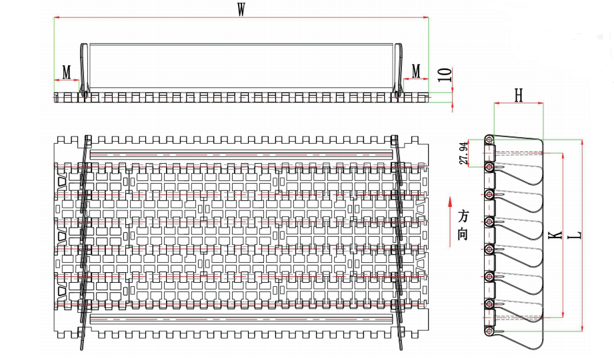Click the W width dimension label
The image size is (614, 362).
pos(241,9)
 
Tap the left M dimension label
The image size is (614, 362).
pos(67,71)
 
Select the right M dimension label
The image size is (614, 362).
pos(416,71)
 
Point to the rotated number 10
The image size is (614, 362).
pos(447,75)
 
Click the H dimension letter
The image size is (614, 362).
pos(519,96)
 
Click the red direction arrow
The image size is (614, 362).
pos(451,202)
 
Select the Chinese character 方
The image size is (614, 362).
pos(463,218)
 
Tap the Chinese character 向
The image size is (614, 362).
pos(463,234)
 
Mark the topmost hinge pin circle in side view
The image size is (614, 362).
pos(490,140)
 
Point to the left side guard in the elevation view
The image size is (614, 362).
pos(83,70)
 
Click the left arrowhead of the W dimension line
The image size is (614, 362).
pos(56,18)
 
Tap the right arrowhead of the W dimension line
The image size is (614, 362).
pos(427,18)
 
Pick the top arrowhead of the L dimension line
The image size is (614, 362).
pos(583,142)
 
